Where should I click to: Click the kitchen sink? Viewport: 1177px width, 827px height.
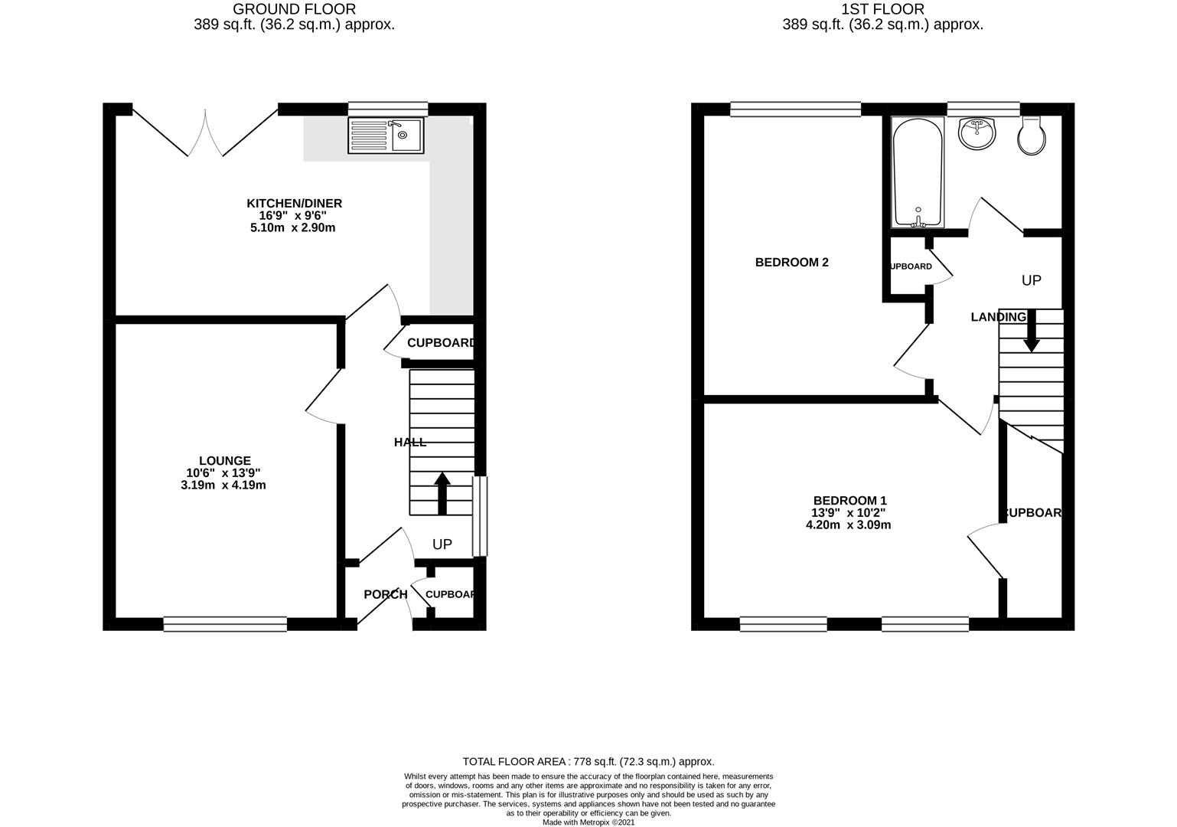(x=386, y=136)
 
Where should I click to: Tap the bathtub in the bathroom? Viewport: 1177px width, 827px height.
(x=918, y=172)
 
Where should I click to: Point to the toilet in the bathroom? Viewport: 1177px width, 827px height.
(x=1031, y=136)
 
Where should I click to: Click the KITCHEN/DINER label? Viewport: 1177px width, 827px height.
(x=294, y=203)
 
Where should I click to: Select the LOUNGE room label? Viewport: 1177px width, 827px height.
(x=225, y=460)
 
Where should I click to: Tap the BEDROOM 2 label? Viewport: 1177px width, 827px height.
(x=791, y=262)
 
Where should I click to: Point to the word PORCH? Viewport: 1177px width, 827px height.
(x=385, y=594)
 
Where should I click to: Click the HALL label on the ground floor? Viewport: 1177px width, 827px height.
(x=410, y=442)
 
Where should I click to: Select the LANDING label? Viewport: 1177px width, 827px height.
(x=998, y=317)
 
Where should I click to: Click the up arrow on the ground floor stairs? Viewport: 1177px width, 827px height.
(x=442, y=493)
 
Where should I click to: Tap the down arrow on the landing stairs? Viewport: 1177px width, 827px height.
(x=1031, y=331)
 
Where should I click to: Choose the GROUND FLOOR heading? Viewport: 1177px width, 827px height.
(x=294, y=9)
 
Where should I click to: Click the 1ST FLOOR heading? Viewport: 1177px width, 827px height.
(x=882, y=9)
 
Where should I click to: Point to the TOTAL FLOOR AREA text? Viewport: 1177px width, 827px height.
(x=588, y=761)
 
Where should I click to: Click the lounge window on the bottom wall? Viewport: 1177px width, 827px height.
(x=225, y=624)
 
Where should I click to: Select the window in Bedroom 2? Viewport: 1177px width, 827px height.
(x=795, y=110)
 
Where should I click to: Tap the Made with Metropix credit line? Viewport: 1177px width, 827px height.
(x=588, y=822)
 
